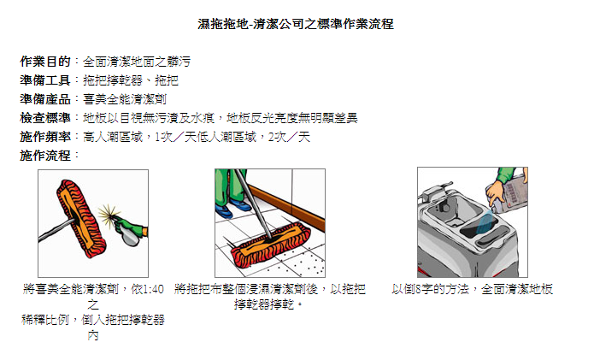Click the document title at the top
pyautogui.click(x=296, y=24)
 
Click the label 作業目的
pyautogui.click(x=45, y=62)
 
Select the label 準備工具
pyautogui.click(x=45, y=80)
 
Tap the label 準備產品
pyautogui.click(x=45, y=99)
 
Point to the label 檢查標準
pyautogui.click(x=45, y=118)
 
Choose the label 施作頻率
pyautogui.click(x=45, y=137)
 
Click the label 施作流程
pyautogui.click(x=45, y=156)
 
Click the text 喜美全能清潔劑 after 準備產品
pyautogui.click(x=125, y=99)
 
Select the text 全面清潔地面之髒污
pyautogui.click(x=137, y=62)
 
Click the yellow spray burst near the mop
pyautogui.click(x=109, y=214)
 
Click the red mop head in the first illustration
pyautogui.click(x=81, y=219)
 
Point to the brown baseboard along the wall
pyautogui.click(x=287, y=207)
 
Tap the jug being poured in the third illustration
pyautogui.click(x=508, y=192)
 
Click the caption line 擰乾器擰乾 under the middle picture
pyautogui.click(x=264, y=304)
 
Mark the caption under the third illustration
pyautogui.click(x=473, y=290)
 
